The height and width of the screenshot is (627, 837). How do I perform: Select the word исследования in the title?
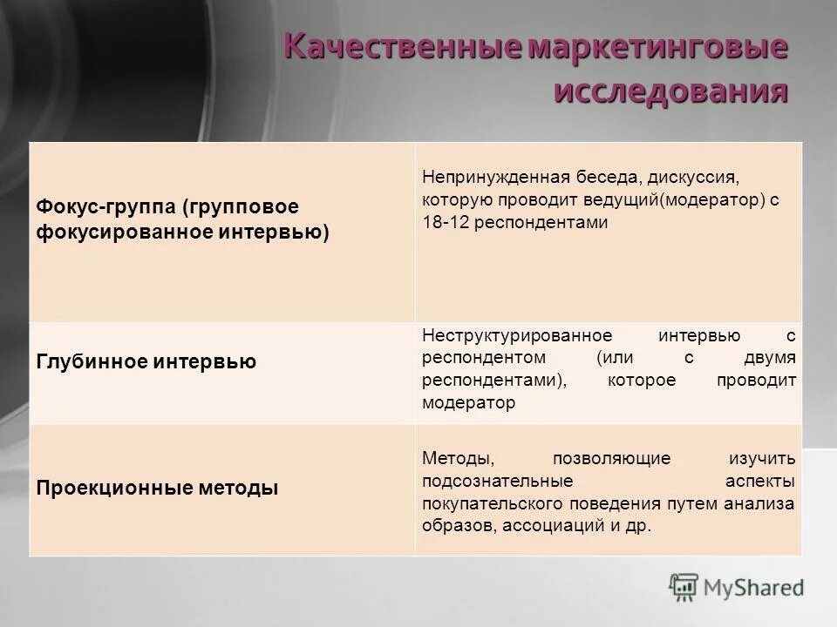click(671, 91)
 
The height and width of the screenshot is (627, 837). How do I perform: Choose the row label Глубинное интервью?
click(146, 361)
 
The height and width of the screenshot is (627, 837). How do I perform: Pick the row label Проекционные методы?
click(158, 488)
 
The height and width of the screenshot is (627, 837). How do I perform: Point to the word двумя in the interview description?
click(770, 358)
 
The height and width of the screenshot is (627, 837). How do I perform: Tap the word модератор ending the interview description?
click(468, 402)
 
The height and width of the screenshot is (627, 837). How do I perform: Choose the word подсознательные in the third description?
click(497, 481)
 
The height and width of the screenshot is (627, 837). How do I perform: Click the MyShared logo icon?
click(684, 587)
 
